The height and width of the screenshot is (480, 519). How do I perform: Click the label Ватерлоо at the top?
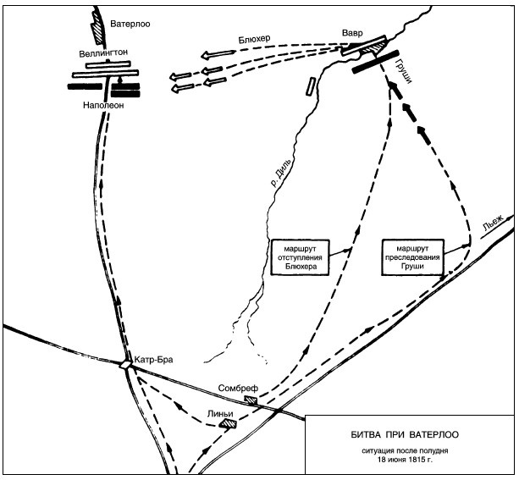pyautogui.click(x=130, y=25)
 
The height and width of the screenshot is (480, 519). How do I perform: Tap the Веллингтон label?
pyautogui.click(x=103, y=53)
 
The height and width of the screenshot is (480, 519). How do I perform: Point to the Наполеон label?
pyautogui.click(x=103, y=105)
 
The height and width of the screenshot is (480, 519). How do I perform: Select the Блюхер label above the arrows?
pyautogui.click(x=254, y=39)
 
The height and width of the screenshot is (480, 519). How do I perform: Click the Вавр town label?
pyautogui.click(x=352, y=33)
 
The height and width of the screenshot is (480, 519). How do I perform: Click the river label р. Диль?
pyautogui.click(x=282, y=173)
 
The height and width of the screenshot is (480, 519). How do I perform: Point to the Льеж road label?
pyautogui.click(x=494, y=223)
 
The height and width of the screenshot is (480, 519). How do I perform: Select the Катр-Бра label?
pyautogui.click(x=153, y=359)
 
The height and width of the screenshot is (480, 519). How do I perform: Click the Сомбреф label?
pyautogui.click(x=238, y=389)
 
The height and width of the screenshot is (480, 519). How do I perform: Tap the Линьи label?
pyautogui.click(x=220, y=414)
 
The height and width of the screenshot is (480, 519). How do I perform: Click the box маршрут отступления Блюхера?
pyautogui.click(x=301, y=257)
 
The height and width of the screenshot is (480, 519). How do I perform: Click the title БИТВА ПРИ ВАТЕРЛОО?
pyautogui.click(x=405, y=434)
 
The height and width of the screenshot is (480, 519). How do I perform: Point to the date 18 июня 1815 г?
pyautogui.click(x=406, y=459)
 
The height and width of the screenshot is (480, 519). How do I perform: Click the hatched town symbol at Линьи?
pyautogui.click(x=229, y=423)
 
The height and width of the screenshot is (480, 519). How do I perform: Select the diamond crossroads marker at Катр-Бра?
pyautogui.click(x=125, y=365)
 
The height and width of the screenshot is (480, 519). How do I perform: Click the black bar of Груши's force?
pyautogui.click(x=375, y=62)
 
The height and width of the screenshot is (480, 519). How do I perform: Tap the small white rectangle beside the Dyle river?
pyautogui.click(x=311, y=86)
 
